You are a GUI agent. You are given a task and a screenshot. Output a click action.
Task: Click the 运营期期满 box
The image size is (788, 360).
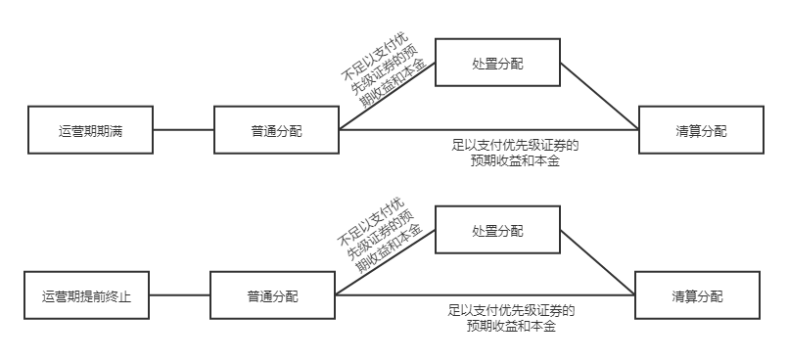coord(90,130)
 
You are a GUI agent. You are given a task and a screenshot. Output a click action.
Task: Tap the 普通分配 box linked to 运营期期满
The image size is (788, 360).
coord(276,130)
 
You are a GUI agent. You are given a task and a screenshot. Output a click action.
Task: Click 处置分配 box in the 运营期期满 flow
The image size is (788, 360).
coord(497,64)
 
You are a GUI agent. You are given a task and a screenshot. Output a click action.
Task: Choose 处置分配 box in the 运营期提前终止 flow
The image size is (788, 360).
coord(497,231)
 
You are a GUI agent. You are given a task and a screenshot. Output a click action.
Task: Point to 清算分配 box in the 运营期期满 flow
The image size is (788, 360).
coord(700,130)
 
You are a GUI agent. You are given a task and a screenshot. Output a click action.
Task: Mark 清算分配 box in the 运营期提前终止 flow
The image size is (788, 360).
coord(697,295)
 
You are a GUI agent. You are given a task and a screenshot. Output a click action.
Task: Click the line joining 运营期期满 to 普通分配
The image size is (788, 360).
coord(183,130)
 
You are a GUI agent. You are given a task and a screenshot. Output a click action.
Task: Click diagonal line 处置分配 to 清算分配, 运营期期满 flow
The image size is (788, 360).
coord(599,97)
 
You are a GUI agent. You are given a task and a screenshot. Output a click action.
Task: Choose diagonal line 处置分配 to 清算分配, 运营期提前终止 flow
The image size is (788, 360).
coord(597,263)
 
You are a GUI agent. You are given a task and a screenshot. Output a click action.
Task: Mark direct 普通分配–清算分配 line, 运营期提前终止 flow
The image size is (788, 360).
coord(489,295)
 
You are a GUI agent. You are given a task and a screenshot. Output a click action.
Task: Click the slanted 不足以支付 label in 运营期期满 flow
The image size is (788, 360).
coord(384,76)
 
